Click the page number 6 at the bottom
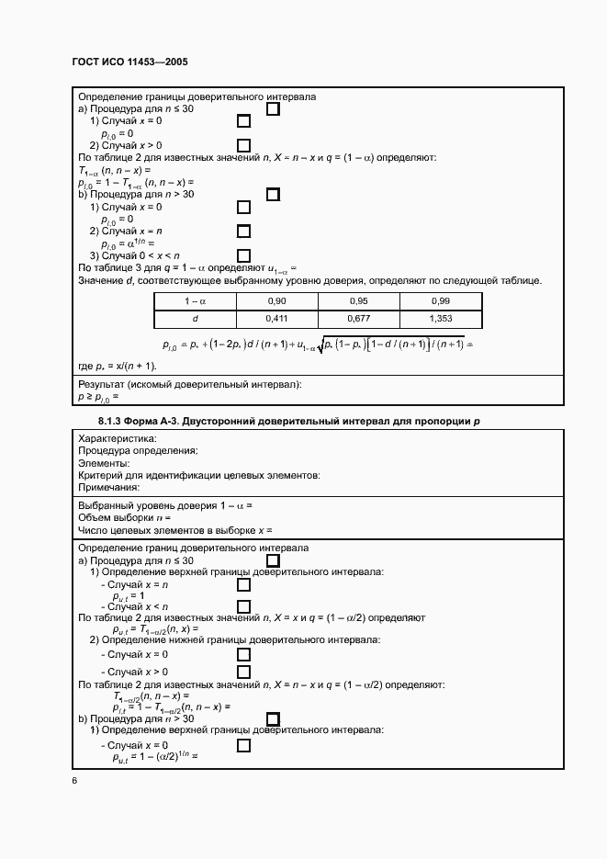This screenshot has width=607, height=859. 74,781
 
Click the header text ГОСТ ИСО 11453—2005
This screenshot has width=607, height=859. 129,62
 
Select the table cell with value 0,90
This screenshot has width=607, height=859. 275,301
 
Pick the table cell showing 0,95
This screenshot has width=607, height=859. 359,301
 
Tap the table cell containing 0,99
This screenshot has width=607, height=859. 440,301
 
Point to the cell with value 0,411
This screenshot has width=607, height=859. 275,318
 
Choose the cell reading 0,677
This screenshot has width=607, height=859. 359,318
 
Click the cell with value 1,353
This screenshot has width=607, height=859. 440,318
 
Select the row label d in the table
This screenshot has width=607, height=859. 195,318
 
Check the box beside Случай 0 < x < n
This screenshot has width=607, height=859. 243,255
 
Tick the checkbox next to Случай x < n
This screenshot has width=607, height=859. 243,606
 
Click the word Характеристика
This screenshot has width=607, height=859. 118,438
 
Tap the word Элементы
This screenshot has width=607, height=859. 104,463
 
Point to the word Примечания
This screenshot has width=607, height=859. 109,487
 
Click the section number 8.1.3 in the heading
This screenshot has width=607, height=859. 113,421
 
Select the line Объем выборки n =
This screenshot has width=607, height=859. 125,518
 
